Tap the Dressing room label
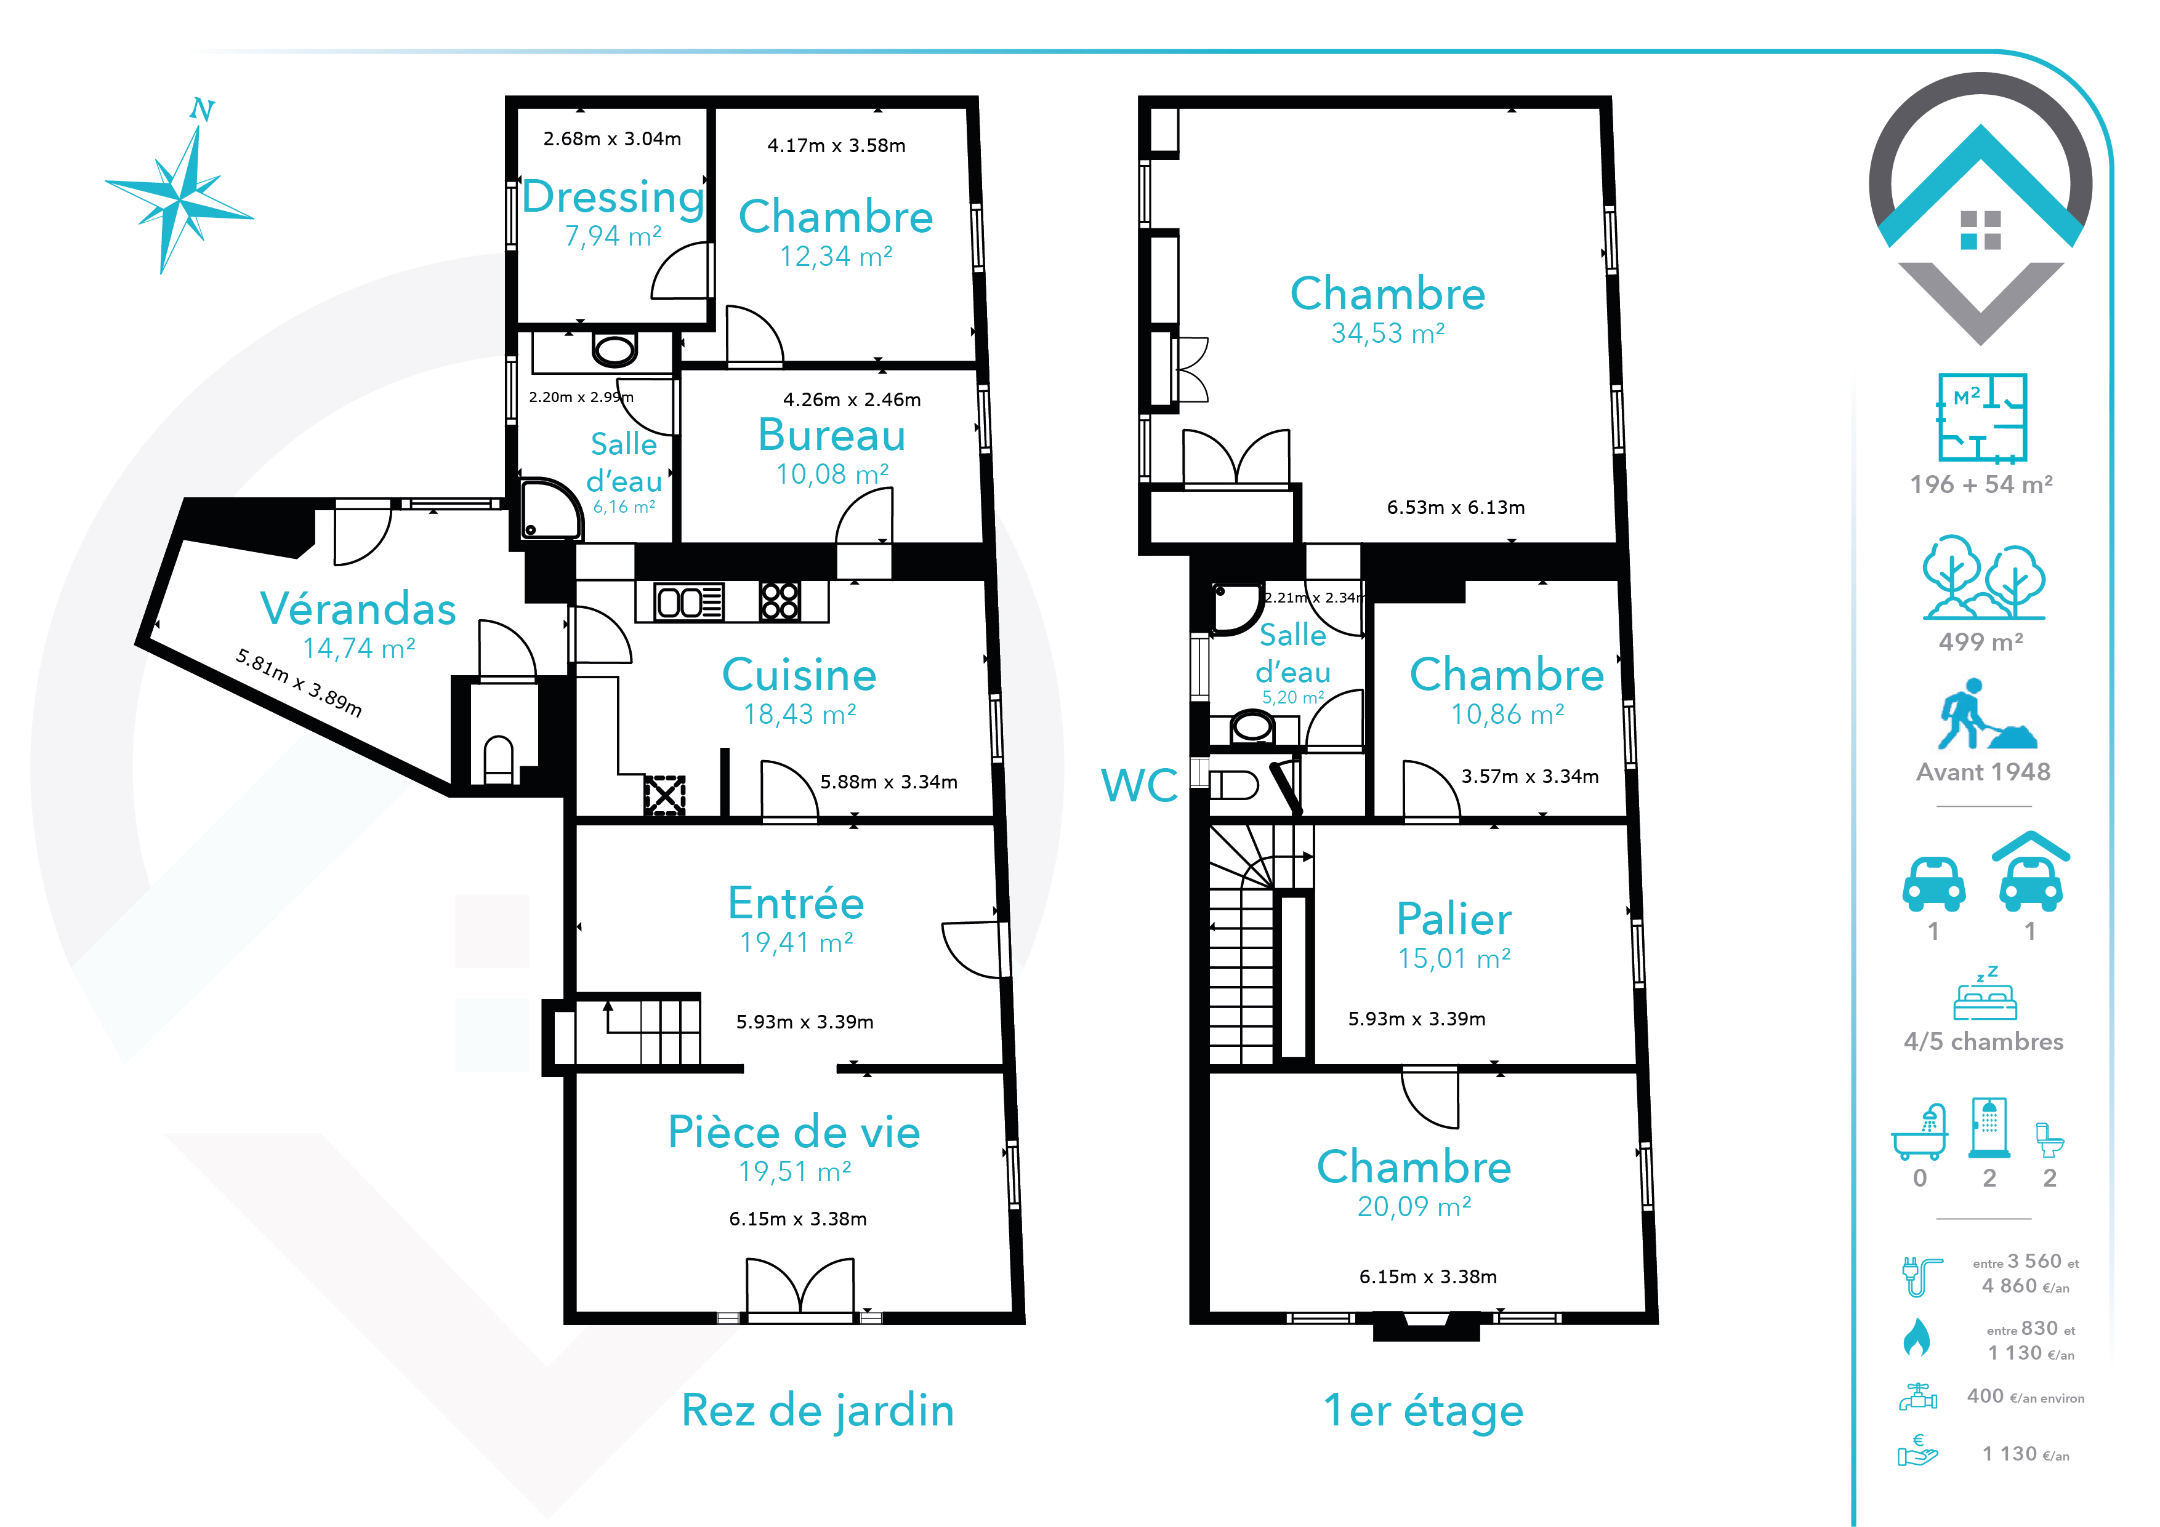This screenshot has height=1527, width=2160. pyautogui.click(x=613, y=198)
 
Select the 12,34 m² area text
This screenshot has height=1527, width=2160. pyautogui.click(x=836, y=256)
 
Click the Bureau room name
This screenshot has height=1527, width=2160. pyautogui.click(x=832, y=435)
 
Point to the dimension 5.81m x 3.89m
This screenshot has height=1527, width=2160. pyautogui.click(x=298, y=683)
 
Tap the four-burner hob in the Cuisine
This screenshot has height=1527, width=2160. pyautogui.click(x=780, y=602)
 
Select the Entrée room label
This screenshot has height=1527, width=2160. pyautogui.click(x=796, y=903)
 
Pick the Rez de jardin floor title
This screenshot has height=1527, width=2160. pyautogui.click(x=818, y=1411)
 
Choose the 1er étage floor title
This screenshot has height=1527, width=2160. pyautogui.click(x=1424, y=1411)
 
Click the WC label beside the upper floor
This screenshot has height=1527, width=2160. pyautogui.click(x=1139, y=785)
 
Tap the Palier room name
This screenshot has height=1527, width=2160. pyautogui.click(x=1454, y=919)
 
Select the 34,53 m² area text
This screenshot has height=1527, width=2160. pyautogui.click(x=1388, y=333)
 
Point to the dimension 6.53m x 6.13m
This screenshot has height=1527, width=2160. pyautogui.click(x=1456, y=508)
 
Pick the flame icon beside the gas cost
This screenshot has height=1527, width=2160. pyautogui.click(x=1916, y=1337)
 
